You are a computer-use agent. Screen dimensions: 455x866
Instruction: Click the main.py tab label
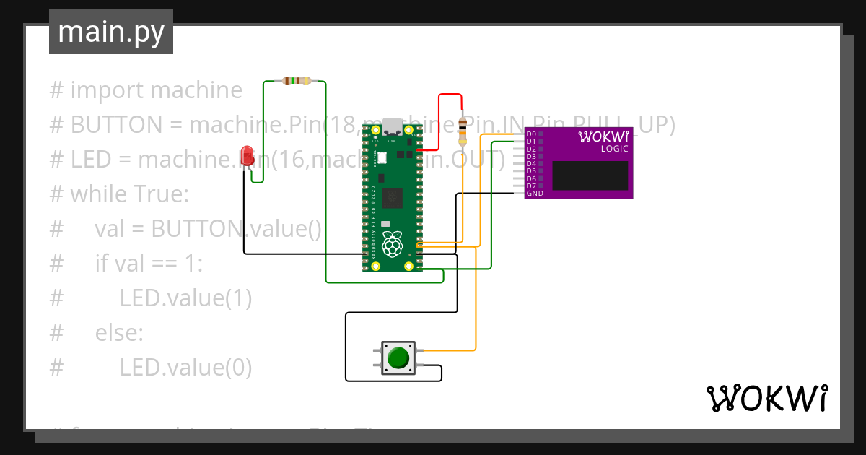tap(111, 32)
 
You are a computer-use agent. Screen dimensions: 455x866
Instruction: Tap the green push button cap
tap(398, 357)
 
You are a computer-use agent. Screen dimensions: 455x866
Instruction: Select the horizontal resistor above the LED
tap(296, 81)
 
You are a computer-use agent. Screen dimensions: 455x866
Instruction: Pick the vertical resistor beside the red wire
tap(463, 133)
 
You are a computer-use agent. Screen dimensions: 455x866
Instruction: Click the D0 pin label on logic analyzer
tap(531, 134)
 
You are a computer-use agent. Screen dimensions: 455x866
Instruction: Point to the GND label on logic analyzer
tap(535, 194)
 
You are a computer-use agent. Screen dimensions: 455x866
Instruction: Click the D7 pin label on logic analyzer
tap(531, 186)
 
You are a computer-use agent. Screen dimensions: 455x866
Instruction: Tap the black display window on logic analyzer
tap(590, 175)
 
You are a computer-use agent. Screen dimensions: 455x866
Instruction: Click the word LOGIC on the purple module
tap(614, 149)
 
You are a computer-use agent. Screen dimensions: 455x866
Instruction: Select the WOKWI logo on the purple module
tap(603, 136)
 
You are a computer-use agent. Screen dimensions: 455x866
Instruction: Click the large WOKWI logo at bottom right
tap(766, 398)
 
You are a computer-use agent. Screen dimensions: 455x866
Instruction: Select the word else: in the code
tap(119, 333)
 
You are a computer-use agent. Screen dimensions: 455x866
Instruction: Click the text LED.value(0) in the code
tap(185, 368)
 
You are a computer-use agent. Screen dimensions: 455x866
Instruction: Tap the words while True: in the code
tap(129, 194)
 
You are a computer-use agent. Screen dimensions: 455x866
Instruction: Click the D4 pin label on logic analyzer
tap(531, 164)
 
